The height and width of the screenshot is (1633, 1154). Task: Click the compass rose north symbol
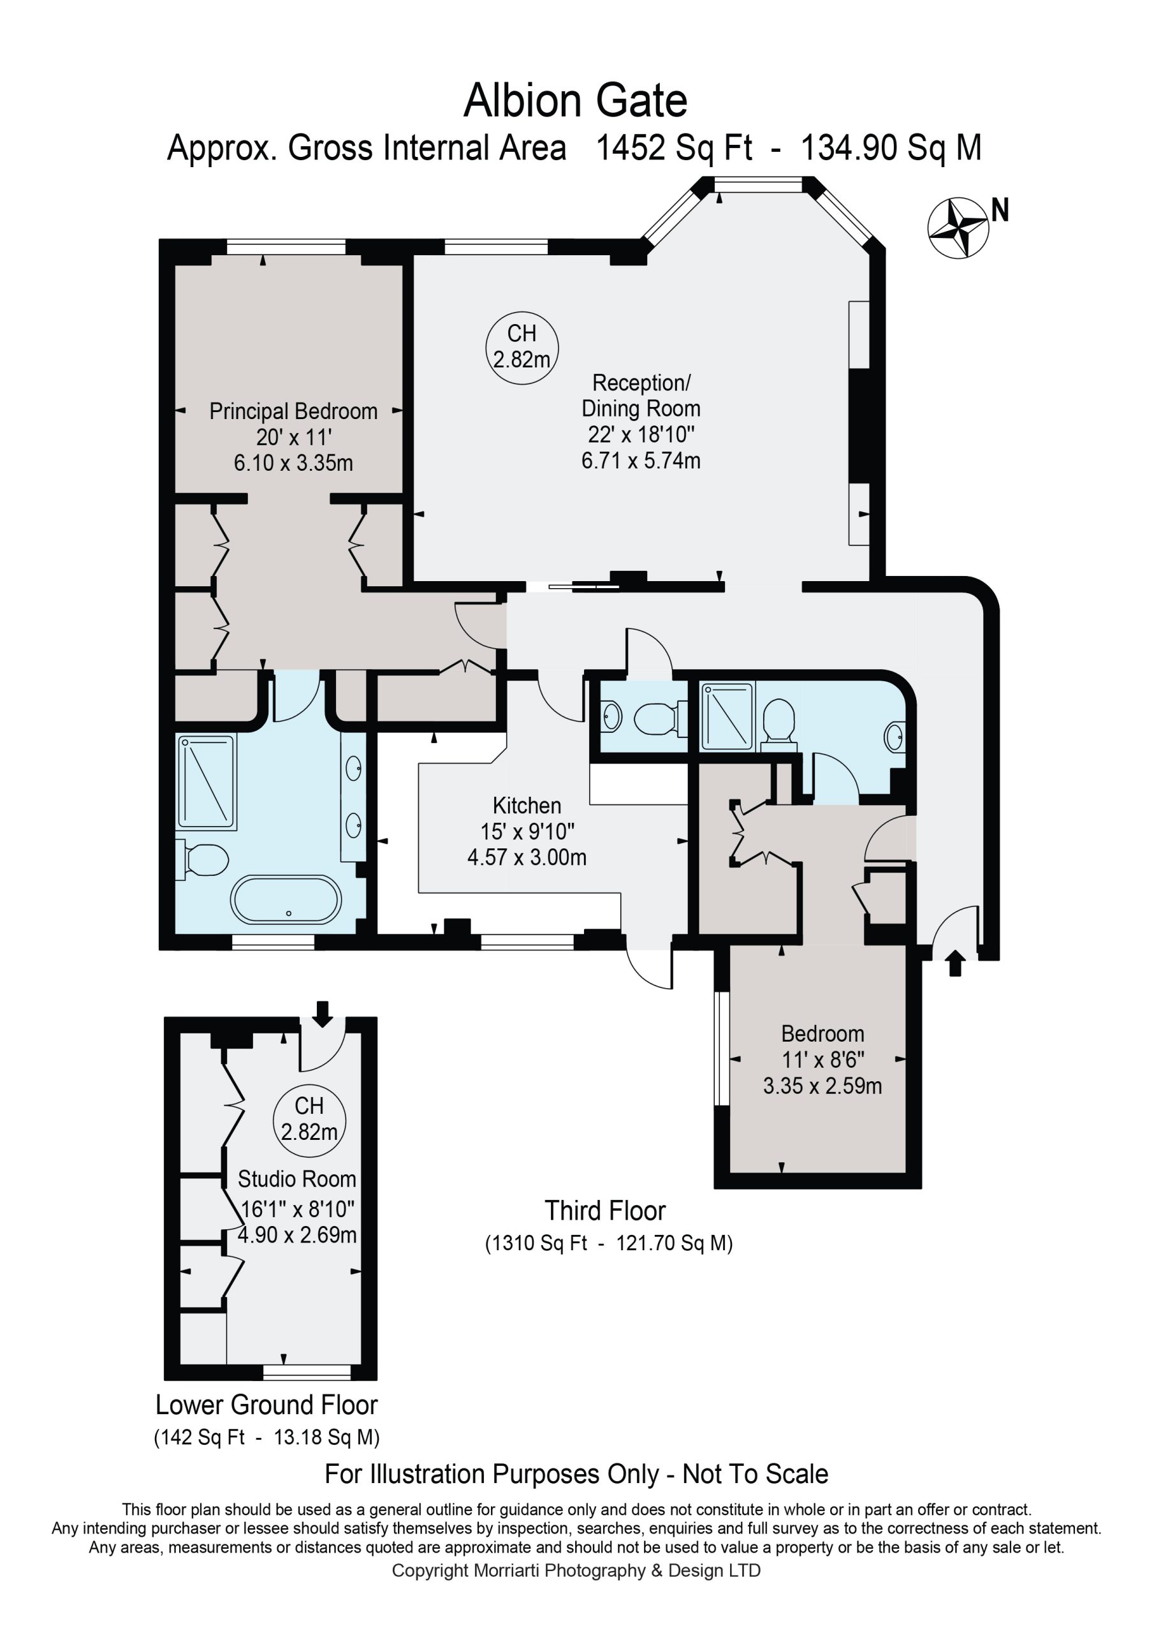[x=958, y=228]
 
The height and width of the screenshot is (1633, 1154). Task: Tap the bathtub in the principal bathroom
[x=286, y=899]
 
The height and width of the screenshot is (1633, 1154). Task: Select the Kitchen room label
[x=527, y=805]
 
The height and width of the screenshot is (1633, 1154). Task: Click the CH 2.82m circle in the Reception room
[x=522, y=348]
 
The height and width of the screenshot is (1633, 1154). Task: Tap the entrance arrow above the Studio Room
[x=323, y=1014]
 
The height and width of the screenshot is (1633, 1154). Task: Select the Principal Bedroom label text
[x=293, y=411]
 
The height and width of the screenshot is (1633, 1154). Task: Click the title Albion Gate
[x=576, y=101]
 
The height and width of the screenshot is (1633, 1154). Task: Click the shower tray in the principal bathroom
[x=206, y=782]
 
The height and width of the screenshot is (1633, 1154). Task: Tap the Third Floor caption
[x=605, y=1211]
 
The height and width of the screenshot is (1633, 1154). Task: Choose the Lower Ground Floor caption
[x=267, y=1405]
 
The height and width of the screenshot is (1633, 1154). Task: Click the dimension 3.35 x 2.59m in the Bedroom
[x=822, y=1086]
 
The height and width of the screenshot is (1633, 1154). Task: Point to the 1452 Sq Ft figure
[x=674, y=149]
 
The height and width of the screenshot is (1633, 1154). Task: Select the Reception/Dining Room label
[x=641, y=395]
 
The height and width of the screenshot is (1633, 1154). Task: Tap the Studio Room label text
[x=296, y=1179]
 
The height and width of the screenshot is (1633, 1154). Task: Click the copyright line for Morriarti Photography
[x=576, y=1570]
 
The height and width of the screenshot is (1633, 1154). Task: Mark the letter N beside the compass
[x=1000, y=210]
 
